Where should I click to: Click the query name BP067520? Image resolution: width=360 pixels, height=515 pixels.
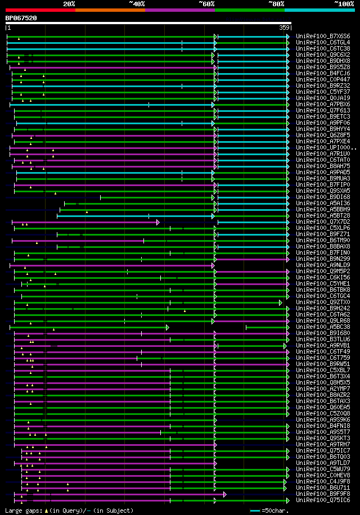[x=21, y=18]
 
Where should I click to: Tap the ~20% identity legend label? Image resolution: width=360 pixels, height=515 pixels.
[x=69, y=3]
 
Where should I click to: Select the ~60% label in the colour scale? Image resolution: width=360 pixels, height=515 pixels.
[x=206, y=3]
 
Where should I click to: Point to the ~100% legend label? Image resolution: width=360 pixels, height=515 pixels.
[x=344, y=3]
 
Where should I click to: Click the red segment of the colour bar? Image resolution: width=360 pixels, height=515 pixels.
[x=40, y=10]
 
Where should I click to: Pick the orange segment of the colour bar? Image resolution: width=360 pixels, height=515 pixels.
[x=110, y=10]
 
